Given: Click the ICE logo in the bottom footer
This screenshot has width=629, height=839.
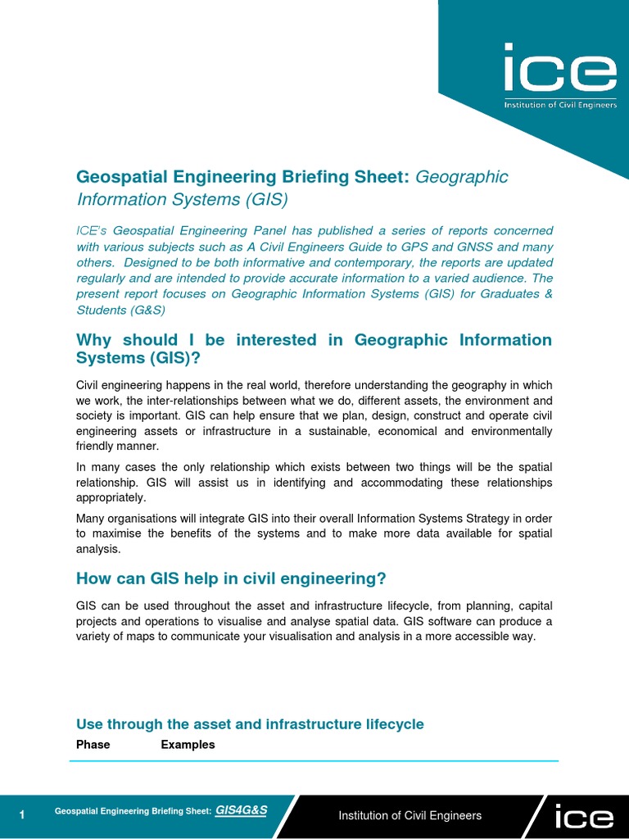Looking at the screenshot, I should [x=583, y=816].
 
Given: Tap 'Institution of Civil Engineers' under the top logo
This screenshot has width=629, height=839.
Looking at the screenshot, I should [x=560, y=106].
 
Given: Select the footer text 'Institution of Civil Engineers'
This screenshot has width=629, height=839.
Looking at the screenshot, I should [x=410, y=815].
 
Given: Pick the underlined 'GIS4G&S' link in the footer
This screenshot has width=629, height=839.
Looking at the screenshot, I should [x=241, y=810].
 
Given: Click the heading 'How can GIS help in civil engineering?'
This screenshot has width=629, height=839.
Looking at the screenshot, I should [x=231, y=578].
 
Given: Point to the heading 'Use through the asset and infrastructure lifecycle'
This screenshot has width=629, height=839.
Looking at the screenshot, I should [x=250, y=724].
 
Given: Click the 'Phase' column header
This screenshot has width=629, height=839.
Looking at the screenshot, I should [x=93, y=745].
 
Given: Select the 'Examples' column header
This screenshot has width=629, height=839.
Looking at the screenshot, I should [x=188, y=745].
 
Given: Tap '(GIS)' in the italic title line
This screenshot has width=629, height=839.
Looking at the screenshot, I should [x=267, y=199].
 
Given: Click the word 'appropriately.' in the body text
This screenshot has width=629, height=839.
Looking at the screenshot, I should [x=111, y=497].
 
